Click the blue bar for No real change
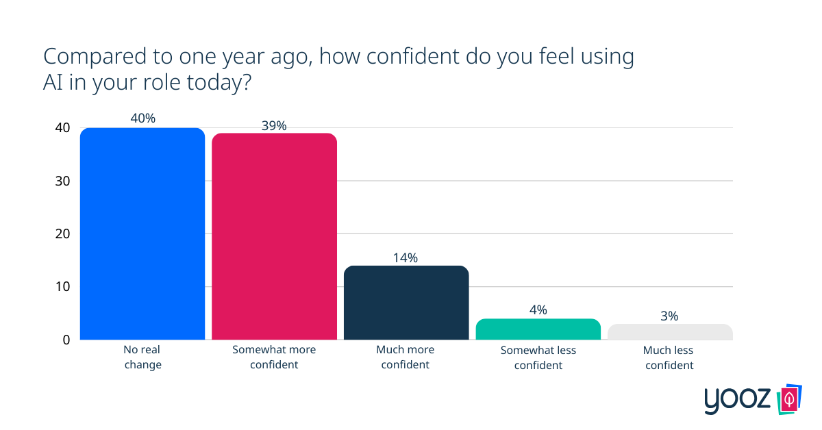[142, 233]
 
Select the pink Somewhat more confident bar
[274, 236]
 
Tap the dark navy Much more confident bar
[406, 303]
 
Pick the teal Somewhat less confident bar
[538, 329]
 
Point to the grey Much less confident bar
[670, 332]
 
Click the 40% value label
[142, 118]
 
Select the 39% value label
[274, 125]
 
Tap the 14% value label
[406, 257]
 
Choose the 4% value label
[538, 310]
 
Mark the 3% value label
[670, 316]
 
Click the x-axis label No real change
[142, 357]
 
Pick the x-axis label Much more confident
[406, 357]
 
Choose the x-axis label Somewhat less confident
[538, 357]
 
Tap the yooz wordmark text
[739, 401]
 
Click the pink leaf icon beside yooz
[790, 399]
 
